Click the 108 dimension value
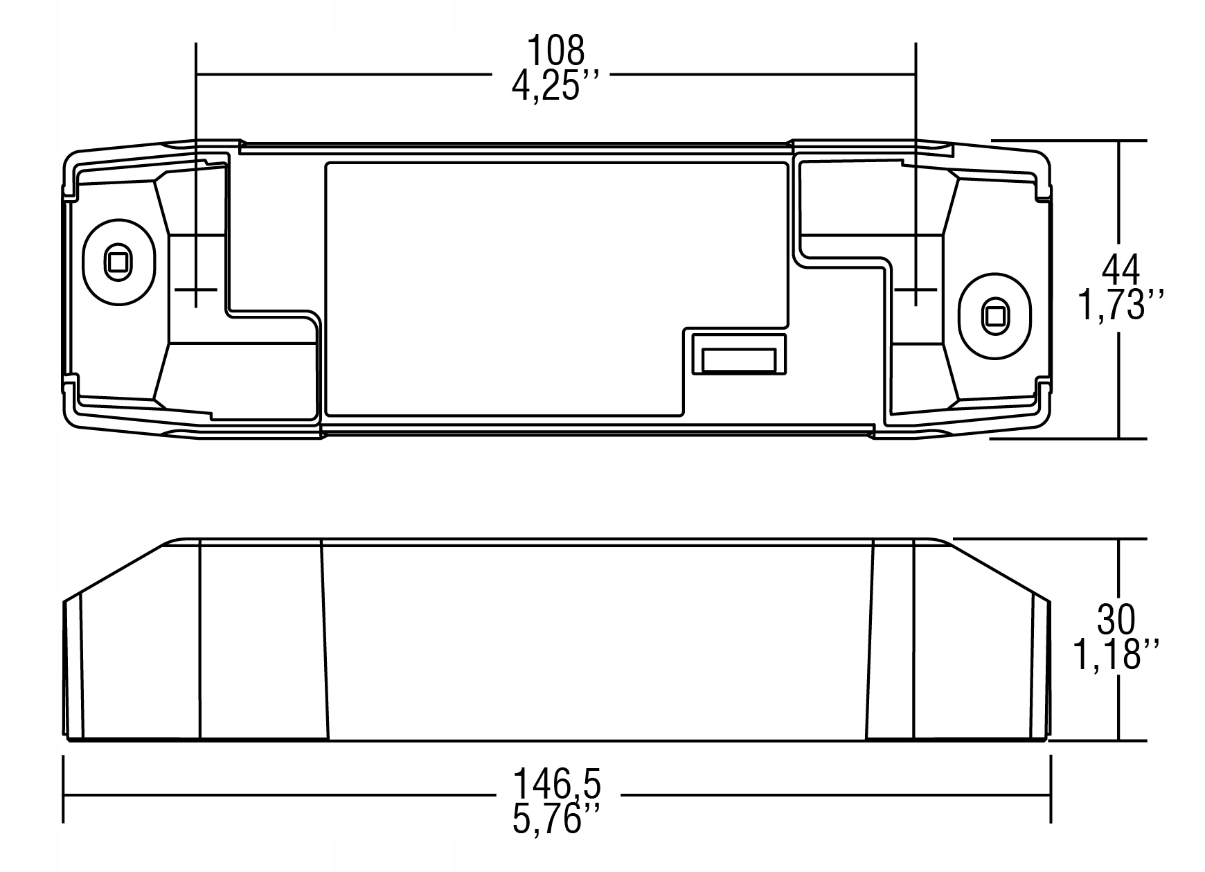[x=556, y=50]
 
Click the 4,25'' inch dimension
[x=555, y=87]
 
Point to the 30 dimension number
[x=1116, y=620]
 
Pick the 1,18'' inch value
[x=1116, y=655]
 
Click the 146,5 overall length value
[x=557, y=785]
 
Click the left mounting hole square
[x=116, y=262]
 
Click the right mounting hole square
[x=995, y=316]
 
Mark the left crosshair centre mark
[x=196, y=289]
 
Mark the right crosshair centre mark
[x=916, y=289]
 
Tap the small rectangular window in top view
[x=738, y=360]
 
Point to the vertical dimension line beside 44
[x=1119, y=208]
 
